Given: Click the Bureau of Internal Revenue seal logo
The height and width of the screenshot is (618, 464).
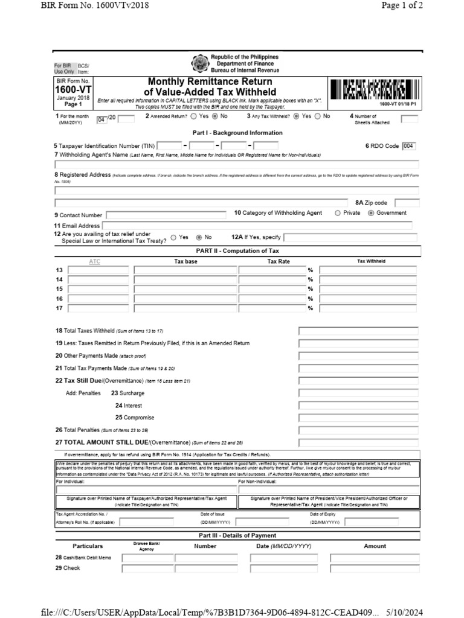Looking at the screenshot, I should pyautogui.click(x=199, y=64).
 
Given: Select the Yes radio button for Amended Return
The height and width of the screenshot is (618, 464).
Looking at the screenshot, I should pyautogui.click(x=195, y=116).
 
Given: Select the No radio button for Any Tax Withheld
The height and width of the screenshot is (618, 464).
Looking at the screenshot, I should pyautogui.click(x=318, y=116).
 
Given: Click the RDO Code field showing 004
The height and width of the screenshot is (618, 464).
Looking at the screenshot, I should pyautogui.click(x=409, y=145).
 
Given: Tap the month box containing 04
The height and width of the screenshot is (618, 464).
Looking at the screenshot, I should pyautogui.click(x=101, y=119).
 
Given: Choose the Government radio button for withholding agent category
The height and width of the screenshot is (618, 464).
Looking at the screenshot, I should pyautogui.click(x=371, y=213).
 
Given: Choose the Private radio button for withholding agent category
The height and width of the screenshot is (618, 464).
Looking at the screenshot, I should pyautogui.click(x=338, y=213).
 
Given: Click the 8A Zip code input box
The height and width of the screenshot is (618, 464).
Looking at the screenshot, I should pyautogui.click(x=407, y=203).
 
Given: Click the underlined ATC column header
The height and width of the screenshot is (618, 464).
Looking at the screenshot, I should pyautogui.click(x=95, y=261).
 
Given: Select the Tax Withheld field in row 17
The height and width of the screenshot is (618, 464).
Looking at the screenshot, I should pyautogui.click(x=368, y=309).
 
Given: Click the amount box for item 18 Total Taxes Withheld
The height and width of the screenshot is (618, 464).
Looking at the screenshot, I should pyautogui.click(x=358, y=331).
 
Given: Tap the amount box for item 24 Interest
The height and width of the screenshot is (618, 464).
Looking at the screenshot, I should pyautogui.click(x=358, y=406).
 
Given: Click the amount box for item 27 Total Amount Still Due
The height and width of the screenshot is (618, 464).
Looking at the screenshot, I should pyautogui.click(x=358, y=443).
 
